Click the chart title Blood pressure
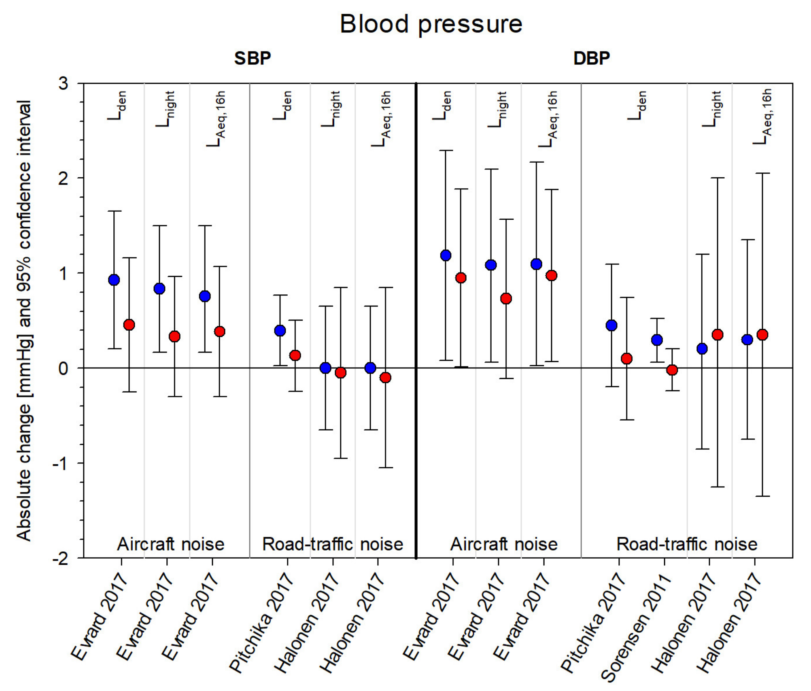pos(431,24)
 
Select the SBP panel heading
pos(253,58)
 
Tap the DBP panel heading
pos(592,58)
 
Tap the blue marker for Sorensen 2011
pos(657,340)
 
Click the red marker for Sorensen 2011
pos(672,370)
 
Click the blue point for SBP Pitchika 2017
pos(280,331)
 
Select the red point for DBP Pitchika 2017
pos(627,359)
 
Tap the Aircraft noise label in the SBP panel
pos(171,544)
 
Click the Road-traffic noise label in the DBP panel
pos(687,544)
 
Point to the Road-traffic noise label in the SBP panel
pos(333,544)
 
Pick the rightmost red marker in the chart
pos(762,335)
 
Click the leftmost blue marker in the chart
pos(114,280)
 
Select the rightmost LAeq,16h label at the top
pos(763,117)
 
